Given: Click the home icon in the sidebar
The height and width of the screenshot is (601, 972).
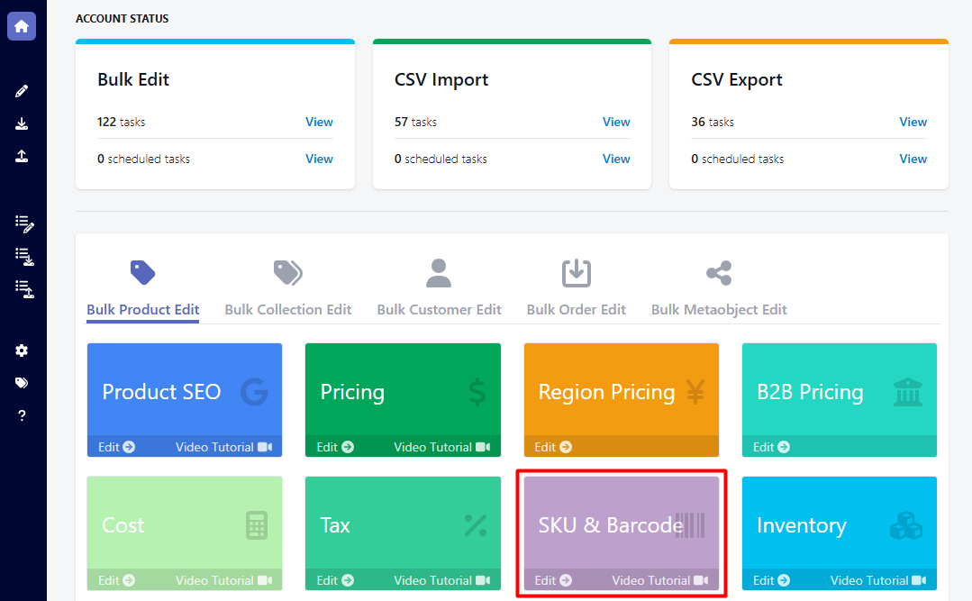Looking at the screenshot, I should (22, 26).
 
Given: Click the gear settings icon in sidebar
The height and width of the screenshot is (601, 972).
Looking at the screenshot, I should (22, 350).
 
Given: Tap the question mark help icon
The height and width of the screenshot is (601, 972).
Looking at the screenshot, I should (22, 415).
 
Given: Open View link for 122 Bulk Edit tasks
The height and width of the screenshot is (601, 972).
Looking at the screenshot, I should (319, 122).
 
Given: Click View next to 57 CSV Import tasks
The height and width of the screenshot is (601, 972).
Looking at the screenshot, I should (616, 122).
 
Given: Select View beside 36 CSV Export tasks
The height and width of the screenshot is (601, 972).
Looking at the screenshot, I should (913, 122).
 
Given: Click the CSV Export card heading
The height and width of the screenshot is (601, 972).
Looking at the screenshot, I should (736, 79).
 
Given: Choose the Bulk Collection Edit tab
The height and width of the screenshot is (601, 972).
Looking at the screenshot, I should (288, 309).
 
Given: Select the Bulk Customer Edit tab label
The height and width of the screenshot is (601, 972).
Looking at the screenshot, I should (439, 309).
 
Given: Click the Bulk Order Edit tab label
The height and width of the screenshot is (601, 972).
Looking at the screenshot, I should (576, 309).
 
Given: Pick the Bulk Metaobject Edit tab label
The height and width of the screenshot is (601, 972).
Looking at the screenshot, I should (719, 309).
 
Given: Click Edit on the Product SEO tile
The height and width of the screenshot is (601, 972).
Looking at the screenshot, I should (116, 447).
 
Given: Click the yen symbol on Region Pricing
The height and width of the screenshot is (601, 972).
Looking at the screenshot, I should (695, 392).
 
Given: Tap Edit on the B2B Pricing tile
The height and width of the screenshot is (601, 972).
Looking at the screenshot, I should (771, 447).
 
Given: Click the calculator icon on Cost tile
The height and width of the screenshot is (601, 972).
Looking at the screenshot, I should (257, 525).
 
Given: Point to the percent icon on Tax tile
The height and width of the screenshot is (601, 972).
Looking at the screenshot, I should (475, 525).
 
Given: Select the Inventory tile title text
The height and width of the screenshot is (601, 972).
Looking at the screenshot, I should (801, 525).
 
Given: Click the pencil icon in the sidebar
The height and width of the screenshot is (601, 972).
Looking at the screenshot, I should (22, 91).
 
